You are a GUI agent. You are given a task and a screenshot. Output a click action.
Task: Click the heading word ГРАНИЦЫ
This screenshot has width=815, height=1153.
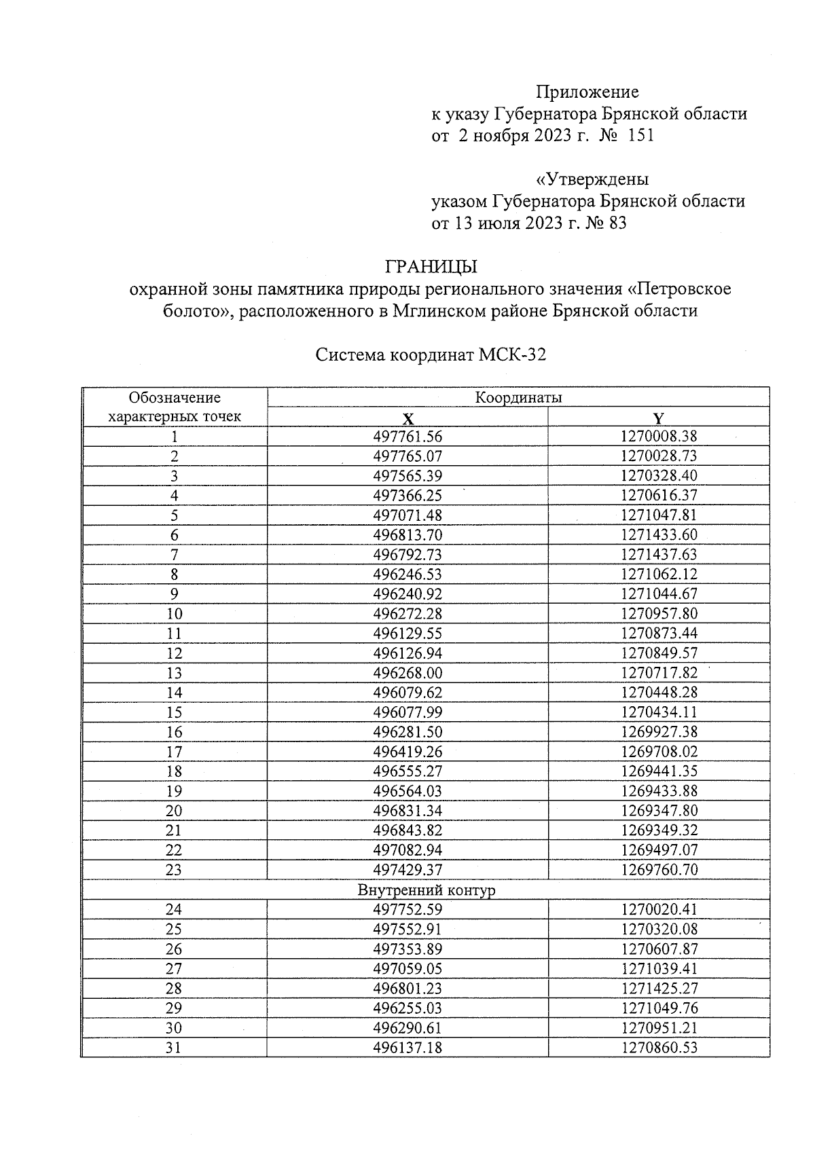tap(431, 266)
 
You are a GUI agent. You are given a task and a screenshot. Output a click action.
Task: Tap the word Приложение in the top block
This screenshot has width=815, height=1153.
tap(587, 92)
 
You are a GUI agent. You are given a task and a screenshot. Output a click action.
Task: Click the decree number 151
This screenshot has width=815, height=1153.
tap(640, 135)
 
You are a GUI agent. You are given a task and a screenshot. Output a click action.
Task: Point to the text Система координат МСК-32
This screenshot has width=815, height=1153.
tap(431, 355)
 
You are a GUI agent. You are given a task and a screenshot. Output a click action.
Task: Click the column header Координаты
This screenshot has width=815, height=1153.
tap(518, 398)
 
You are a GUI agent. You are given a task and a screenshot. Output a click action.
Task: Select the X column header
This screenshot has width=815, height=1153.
tap(407, 418)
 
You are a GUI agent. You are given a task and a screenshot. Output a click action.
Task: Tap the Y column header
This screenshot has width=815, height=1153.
tap(658, 418)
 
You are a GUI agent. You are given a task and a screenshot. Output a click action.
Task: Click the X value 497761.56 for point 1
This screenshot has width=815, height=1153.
tap(407, 437)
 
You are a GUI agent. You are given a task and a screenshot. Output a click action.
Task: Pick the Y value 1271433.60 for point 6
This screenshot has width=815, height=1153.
tap(658, 535)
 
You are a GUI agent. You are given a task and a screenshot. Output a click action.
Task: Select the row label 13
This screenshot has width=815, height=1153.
tap(175, 673)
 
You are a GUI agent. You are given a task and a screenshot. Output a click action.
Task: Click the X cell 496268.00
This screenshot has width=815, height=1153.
tap(407, 673)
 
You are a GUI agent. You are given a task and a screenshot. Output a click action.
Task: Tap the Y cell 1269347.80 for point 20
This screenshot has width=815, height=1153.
tap(658, 811)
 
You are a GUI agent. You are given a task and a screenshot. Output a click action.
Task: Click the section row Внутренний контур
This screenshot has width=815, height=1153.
tap(426, 890)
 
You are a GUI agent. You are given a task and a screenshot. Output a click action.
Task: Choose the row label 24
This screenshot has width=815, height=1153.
tap(175, 909)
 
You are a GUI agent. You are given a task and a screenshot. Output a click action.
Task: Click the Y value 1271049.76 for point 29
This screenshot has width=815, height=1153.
tap(658, 1008)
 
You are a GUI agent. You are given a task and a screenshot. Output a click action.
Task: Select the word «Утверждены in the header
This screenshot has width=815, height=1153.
tap(592, 179)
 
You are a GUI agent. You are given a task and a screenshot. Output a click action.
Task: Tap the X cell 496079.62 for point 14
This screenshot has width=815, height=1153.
tap(407, 693)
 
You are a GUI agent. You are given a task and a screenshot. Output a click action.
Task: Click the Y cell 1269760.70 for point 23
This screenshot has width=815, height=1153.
tap(658, 870)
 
